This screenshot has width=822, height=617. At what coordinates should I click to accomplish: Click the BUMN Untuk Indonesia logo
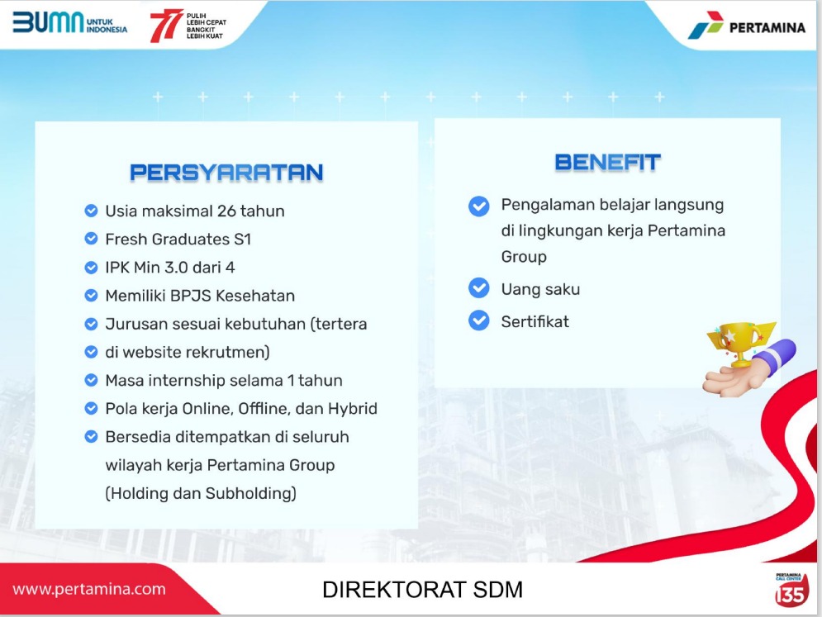coord(69,22)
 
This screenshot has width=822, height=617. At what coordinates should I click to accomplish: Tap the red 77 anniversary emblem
coord(166,25)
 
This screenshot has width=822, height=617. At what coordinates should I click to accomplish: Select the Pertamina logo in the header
coord(747,26)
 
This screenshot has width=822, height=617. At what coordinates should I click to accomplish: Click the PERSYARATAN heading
coord(226,173)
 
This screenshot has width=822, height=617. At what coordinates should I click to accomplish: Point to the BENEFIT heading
coord(607,163)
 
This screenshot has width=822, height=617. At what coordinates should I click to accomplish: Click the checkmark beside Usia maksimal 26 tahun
coord(91,211)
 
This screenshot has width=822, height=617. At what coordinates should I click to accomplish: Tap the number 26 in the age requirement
coord(226,211)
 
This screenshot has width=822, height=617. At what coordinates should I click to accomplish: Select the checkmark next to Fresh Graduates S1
coord(91,239)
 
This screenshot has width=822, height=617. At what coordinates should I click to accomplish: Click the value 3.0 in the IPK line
coord(176,268)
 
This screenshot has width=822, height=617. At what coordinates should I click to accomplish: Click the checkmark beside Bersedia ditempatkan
coord(91,437)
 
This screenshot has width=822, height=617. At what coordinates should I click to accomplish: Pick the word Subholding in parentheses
coord(250,493)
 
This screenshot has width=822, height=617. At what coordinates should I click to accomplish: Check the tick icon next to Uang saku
coord(478,287)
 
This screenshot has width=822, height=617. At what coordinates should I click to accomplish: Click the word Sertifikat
coord(535,321)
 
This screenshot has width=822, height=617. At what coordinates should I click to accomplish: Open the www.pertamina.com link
coord(89,589)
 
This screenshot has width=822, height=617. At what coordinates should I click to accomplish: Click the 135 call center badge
coord(791,591)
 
